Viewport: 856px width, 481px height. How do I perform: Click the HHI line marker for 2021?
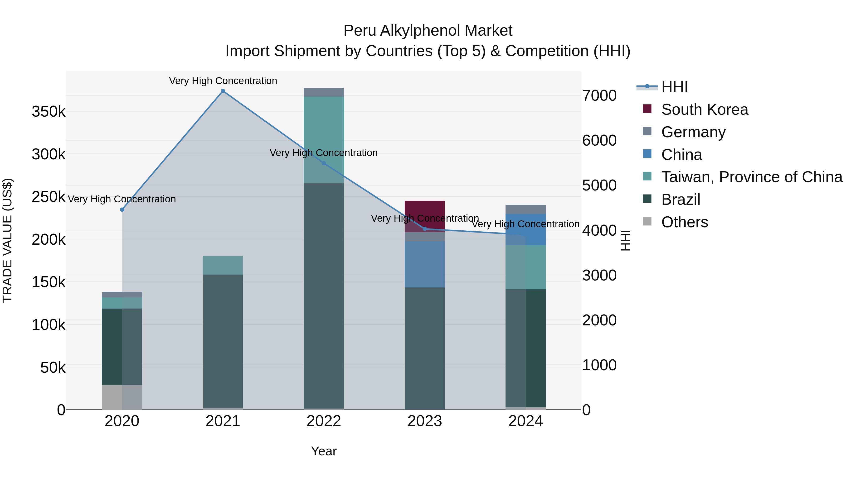tap(223, 91)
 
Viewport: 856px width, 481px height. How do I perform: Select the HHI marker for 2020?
tap(122, 210)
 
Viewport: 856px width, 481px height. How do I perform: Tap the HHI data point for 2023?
tap(425, 229)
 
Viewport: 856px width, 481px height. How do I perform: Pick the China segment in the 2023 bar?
tap(425, 264)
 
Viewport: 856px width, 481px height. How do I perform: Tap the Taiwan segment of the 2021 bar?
tap(223, 265)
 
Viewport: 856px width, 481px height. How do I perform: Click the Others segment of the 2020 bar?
tap(122, 397)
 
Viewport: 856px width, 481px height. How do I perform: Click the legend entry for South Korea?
tap(705, 110)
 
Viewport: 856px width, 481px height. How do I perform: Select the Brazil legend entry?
tap(681, 200)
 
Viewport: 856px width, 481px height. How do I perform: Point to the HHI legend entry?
tap(674, 87)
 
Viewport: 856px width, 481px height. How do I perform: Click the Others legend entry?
tap(685, 222)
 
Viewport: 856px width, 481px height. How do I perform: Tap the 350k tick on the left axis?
tap(49, 112)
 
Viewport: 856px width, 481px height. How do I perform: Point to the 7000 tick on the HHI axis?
tap(599, 95)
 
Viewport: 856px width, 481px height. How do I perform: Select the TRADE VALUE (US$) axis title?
tap(7, 240)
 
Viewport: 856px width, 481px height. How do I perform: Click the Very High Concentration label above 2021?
tap(223, 81)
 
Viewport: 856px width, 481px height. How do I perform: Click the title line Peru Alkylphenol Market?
tap(428, 31)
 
